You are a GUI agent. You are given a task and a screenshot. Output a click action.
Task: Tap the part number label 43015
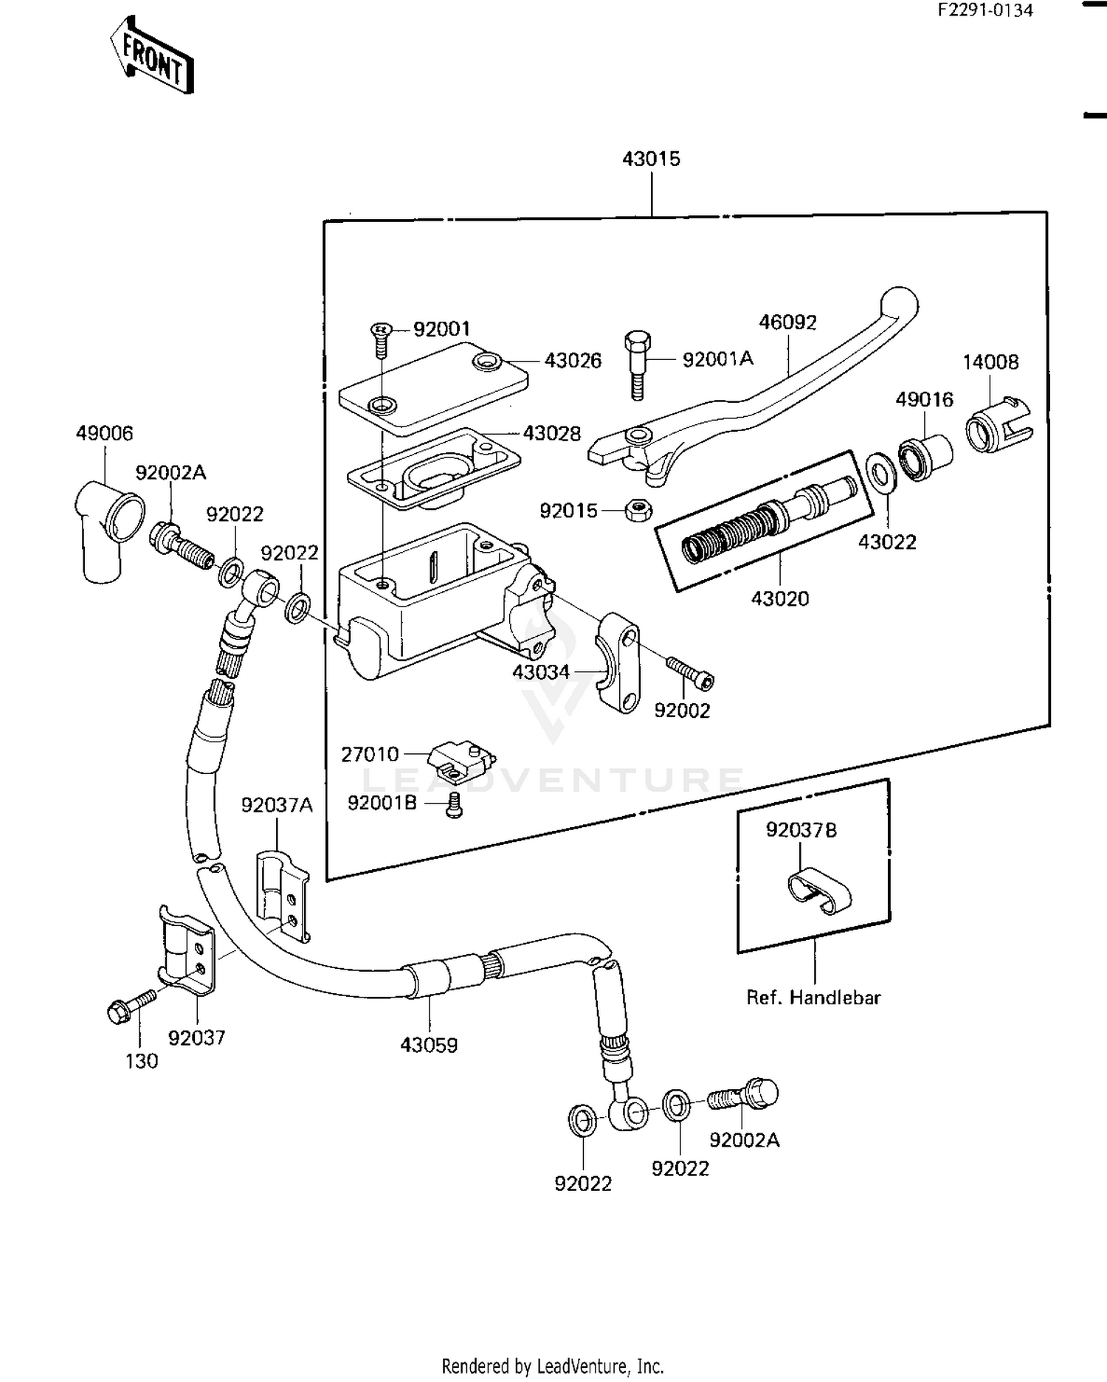[x=651, y=159]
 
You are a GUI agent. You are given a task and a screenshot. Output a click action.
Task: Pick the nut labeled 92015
[x=637, y=510]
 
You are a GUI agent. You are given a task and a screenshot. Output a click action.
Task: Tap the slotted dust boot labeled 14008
[x=998, y=426]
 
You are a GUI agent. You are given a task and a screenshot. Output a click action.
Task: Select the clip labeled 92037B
[x=818, y=891]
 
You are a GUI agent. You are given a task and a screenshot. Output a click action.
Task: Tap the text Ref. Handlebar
[x=813, y=998]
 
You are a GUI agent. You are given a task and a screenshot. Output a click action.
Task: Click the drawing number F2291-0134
[x=985, y=10]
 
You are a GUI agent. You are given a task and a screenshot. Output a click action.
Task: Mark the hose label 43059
[x=429, y=1045]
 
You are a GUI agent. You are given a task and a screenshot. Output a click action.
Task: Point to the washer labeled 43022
[x=880, y=471]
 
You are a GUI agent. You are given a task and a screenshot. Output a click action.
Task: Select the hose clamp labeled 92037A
[x=283, y=895]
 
